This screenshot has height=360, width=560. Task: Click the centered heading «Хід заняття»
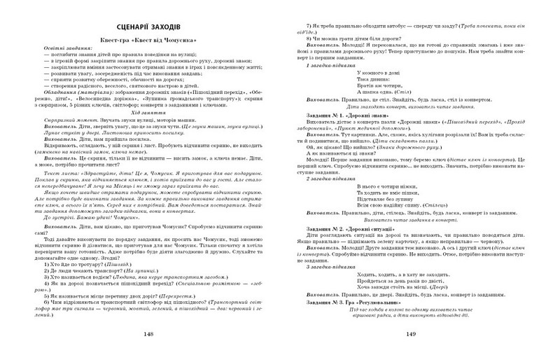point(146,132)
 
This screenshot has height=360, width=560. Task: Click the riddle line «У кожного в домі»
point(379,73)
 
